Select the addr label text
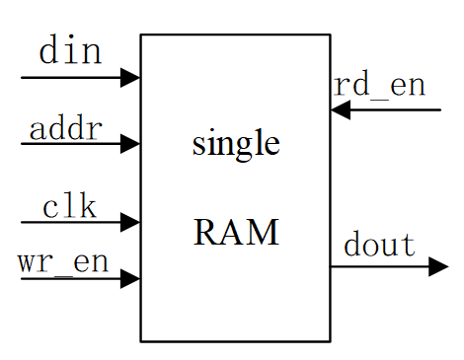point(65,128)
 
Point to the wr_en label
point(62,262)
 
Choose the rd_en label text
point(380,85)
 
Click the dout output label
point(379,244)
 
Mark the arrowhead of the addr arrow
point(130,145)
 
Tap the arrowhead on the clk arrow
point(130,224)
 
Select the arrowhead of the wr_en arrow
point(130,279)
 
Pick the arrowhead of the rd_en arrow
point(340,109)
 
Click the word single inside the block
point(235,145)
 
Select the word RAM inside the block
point(236,234)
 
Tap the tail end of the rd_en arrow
point(439,109)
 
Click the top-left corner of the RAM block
point(141,35)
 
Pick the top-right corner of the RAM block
point(330,35)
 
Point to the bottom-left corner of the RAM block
point(141,341)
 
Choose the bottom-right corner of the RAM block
point(330,341)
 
